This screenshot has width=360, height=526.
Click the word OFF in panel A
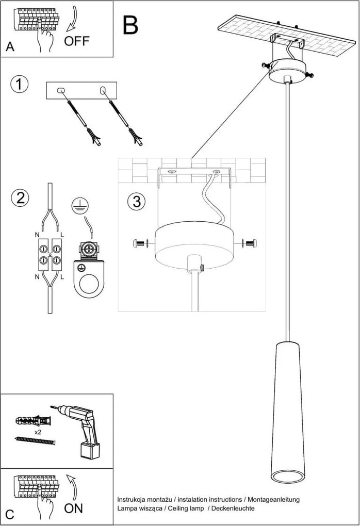[76, 41]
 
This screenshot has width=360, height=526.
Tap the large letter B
[130, 24]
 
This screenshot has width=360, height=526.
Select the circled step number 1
[19, 85]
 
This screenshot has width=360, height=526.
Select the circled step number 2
[20, 198]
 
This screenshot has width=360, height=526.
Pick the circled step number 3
[136, 201]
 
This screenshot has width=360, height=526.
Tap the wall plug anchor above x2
[34, 418]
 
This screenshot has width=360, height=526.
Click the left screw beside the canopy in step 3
[140, 242]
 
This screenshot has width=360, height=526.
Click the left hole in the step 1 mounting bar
[61, 91]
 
